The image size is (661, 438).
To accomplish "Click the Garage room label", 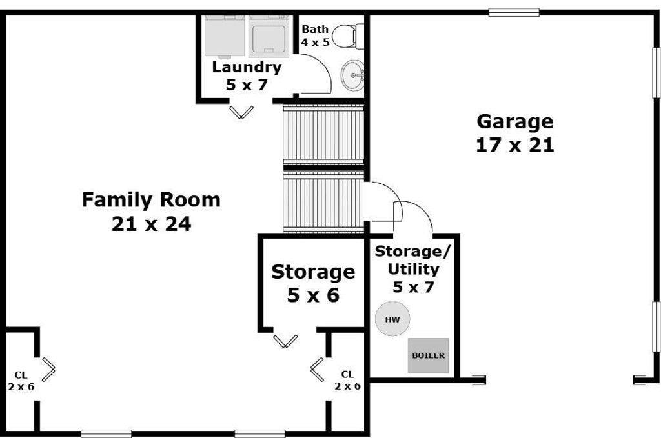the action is (x=514, y=133).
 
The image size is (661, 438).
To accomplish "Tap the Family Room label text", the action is (x=151, y=212).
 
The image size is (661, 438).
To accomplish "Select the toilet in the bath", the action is (x=348, y=36).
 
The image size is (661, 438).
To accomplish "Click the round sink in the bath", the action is (x=352, y=75).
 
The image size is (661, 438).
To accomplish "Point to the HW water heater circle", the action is (x=392, y=319).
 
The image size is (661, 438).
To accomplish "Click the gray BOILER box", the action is (x=429, y=355).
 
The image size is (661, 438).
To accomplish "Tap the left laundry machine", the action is (x=225, y=35).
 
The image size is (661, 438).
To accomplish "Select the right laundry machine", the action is (x=269, y=35).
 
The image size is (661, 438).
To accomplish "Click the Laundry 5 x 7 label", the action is (x=247, y=76).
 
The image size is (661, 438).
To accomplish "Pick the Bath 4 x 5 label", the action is (x=315, y=35).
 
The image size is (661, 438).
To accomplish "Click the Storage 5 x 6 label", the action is (x=313, y=283).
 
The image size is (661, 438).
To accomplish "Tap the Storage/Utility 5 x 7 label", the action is (x=413, y=269).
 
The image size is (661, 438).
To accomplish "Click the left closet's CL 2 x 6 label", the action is (x=21, y=381).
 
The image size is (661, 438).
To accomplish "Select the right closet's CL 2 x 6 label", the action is (x=348, y=381).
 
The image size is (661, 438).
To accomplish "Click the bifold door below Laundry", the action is (x=241, y=112).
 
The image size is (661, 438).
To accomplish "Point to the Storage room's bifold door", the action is (x=285, y=341).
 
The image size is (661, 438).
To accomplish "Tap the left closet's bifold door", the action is (x=48, y=370).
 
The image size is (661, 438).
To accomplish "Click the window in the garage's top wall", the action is (x=514, y=13).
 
